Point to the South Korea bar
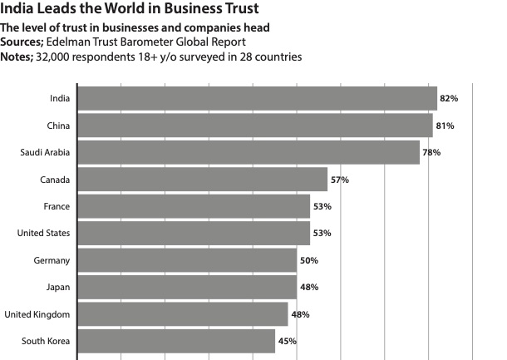175,341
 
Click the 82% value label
449,98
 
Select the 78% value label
431,152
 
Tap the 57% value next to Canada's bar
339,180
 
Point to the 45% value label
287,341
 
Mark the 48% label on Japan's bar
308,287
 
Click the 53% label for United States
322,234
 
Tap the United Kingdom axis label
37,314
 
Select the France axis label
57,206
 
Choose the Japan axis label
57,287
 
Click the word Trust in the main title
235,10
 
